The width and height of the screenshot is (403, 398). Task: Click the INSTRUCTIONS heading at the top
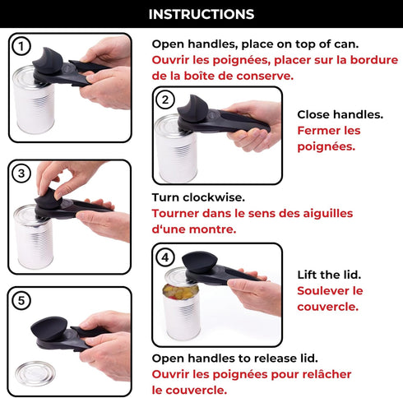201,14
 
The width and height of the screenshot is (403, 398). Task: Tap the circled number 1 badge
21,47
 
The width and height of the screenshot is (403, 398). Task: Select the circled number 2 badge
167,100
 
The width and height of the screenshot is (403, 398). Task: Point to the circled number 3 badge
22,174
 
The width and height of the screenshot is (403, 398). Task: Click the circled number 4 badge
166,257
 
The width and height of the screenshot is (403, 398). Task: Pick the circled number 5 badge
22,300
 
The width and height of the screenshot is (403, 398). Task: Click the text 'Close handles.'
328,115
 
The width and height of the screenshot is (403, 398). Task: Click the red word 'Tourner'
176,213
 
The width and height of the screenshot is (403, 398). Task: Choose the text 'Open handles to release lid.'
234,358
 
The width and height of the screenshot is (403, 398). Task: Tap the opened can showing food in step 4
181,308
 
